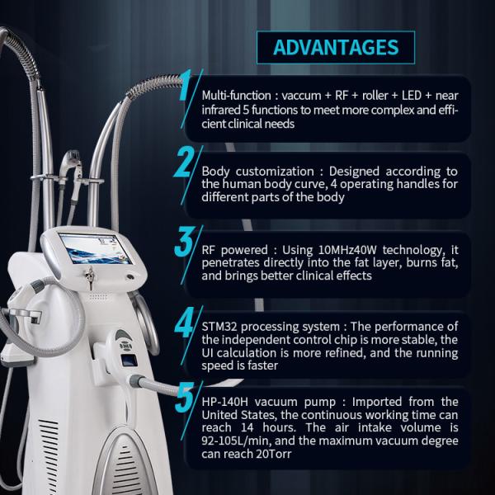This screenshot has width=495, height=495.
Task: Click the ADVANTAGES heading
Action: (336, 48)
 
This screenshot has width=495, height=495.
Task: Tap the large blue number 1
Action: (186, 85)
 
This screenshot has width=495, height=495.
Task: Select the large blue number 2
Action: (184, 162)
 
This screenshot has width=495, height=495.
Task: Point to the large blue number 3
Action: (184, 241)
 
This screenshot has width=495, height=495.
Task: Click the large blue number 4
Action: (186, 322)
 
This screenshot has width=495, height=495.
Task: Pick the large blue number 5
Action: (186, 397)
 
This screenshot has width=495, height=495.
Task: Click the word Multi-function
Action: (236, 96)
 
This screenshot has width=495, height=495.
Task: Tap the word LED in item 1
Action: (412, 96)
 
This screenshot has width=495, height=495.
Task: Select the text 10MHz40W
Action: (347, 250)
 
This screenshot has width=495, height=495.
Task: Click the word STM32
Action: (219, 327)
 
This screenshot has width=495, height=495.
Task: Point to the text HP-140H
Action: (224, 402)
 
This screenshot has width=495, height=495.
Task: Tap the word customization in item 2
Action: (275, 172)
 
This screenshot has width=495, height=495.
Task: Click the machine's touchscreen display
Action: (95, 249)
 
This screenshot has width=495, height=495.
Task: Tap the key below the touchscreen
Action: (90, 278)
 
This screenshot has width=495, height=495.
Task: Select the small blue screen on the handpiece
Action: (130, 361)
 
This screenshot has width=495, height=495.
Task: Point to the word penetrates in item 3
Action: (230, 263)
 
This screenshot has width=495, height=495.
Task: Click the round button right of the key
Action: (130, 277)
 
